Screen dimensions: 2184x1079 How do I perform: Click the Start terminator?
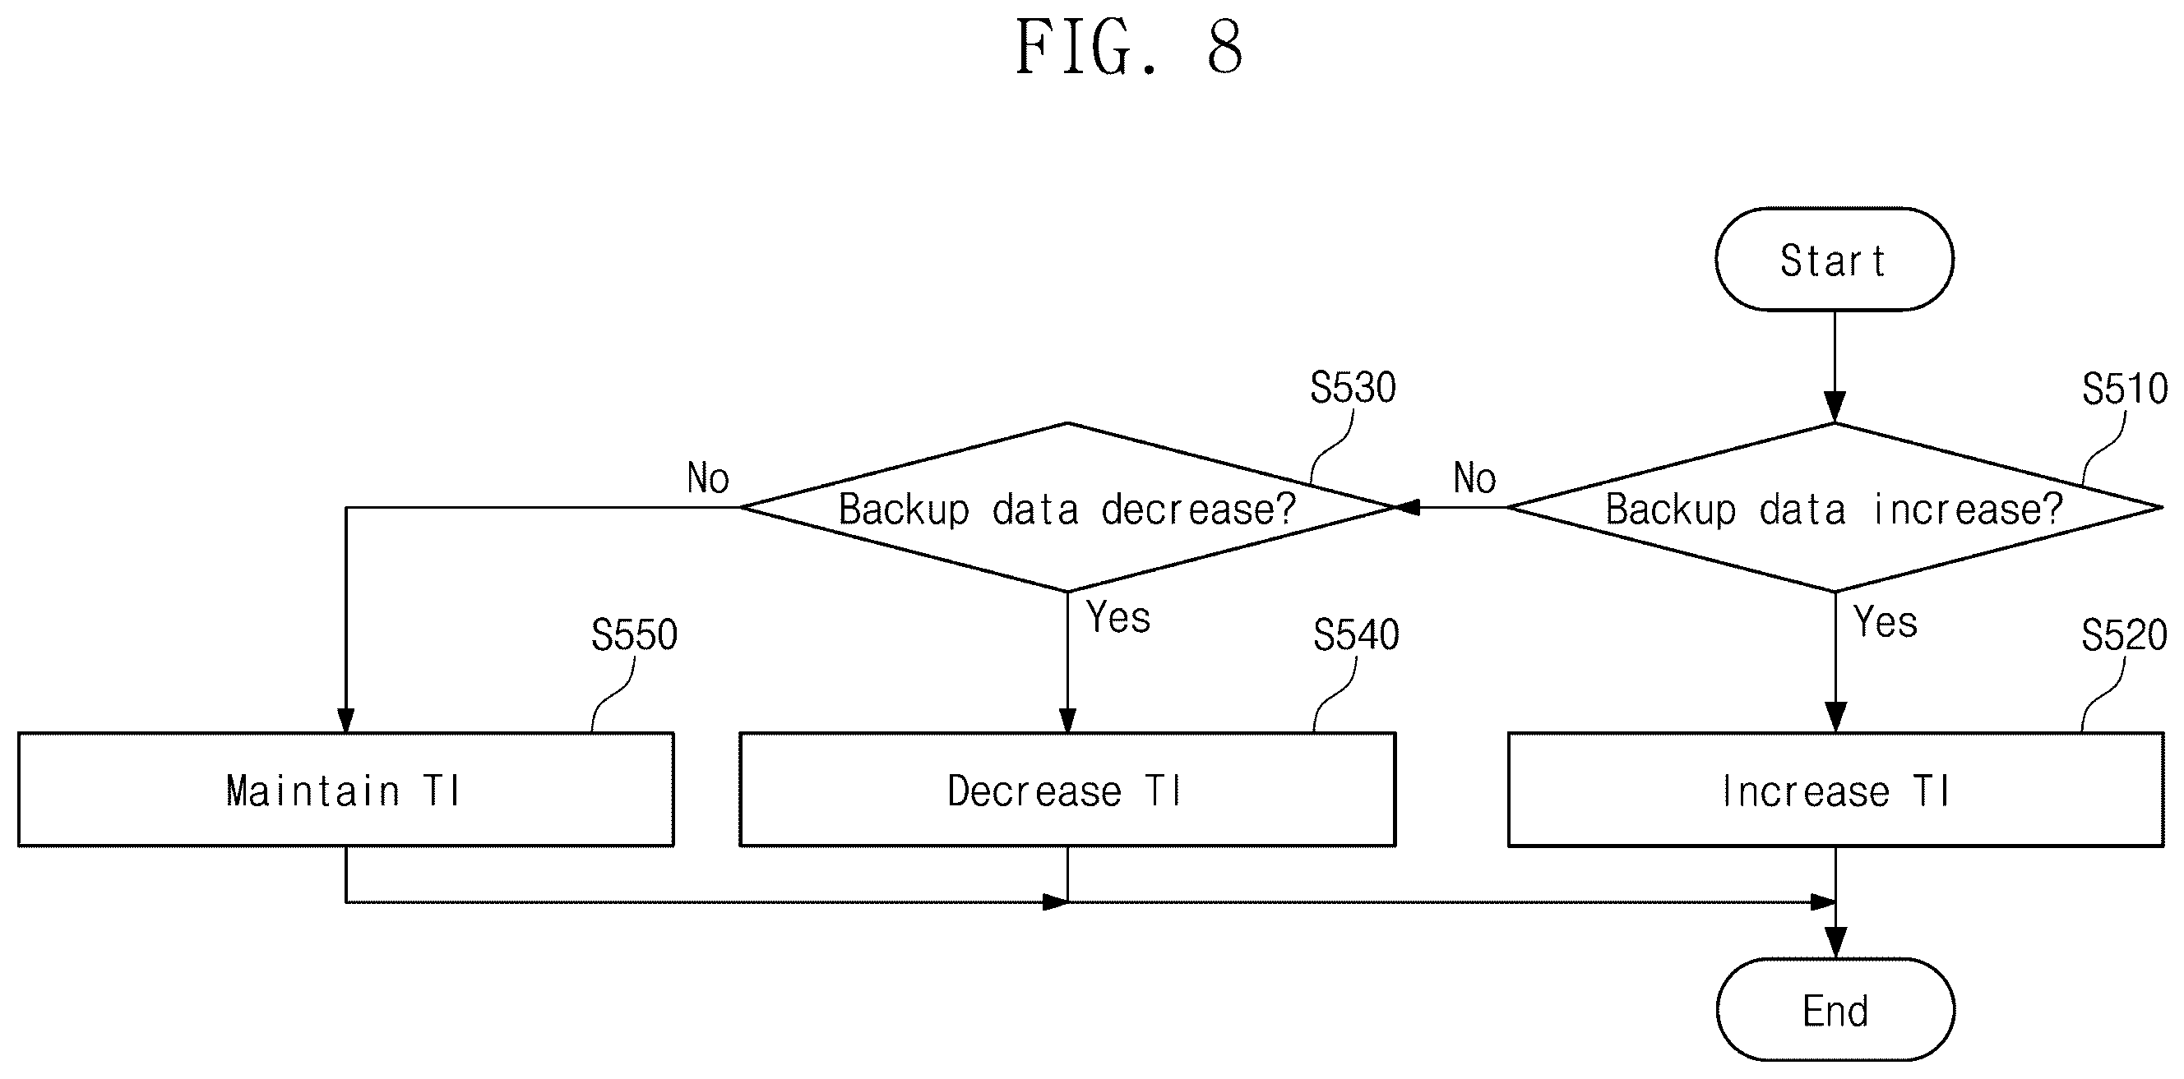(x=1835, y=260)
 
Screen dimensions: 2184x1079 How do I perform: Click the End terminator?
(x=1835, y=1009)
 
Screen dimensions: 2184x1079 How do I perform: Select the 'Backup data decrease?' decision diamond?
(x=1067, y=508)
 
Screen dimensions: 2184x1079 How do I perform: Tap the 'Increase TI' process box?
(x=1836, y=790)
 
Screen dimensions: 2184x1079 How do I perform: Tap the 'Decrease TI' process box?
(x=1067, y=790)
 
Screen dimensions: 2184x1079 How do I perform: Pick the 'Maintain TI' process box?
(x=346, y=790)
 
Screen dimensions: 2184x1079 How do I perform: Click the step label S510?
(x=2125, y=389)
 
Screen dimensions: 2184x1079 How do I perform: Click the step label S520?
(x=2124, y=635)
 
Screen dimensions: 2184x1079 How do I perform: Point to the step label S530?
(x=1353, y=388)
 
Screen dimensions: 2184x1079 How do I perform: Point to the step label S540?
(x=1357, y=635)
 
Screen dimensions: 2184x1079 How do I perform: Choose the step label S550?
(x=634, y=635)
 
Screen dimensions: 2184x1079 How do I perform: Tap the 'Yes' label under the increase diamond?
(x=1886, y=622)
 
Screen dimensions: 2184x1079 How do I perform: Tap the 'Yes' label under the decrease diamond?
(x=1119, y=617)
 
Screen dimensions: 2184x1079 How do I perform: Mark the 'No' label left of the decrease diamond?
(x=708, y=478)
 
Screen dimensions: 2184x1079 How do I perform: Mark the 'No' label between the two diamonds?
(x=1475, y=478)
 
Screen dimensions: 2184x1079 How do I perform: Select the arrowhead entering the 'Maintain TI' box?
(x=346, y=719)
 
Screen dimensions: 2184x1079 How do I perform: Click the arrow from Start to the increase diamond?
(x=1835, y=367)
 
